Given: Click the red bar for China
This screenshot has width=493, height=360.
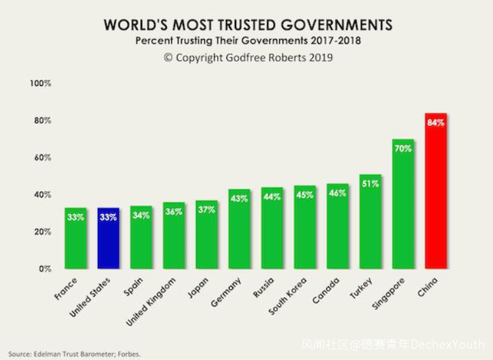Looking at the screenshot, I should pos(436,192).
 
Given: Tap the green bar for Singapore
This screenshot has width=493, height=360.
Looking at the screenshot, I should pos(403,205).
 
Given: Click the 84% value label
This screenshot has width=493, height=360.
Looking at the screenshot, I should pos(436,123).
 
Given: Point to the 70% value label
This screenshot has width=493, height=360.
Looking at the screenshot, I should pos(403,149).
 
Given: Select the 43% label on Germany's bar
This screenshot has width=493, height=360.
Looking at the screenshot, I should pos(239,198).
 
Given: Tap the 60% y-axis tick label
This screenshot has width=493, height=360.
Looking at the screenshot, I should pos(42,158).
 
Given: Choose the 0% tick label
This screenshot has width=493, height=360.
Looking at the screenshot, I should pos(44,269).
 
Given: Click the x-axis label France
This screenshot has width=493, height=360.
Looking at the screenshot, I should pos(66,289).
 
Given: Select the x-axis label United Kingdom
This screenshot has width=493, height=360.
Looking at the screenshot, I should pos(152,301).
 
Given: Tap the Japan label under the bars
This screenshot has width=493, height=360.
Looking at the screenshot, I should pos(199,288).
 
